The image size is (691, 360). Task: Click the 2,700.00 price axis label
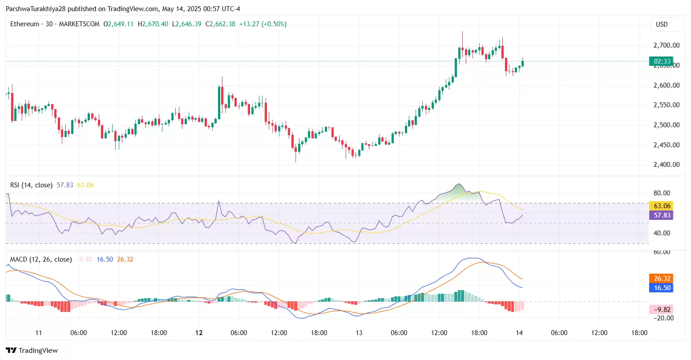click(666, 45)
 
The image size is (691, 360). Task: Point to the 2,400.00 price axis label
click(666, 165)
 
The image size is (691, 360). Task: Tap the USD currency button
click(662, 24)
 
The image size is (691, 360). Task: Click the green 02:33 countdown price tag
click(661, 61)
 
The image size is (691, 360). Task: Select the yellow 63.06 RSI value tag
click(662, 206)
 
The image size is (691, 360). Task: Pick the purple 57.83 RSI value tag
click(662, 215)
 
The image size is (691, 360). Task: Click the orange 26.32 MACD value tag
click(662, 279)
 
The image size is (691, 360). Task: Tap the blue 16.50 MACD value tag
click(662, 288)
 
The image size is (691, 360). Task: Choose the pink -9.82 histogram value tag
click(662, 310)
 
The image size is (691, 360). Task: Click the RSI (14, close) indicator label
click(31, 185)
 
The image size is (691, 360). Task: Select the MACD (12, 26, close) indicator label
click(41, 259)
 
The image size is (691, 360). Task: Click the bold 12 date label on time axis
click(199, 333)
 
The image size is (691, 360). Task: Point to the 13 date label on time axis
click(359, 333)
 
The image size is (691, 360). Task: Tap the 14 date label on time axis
click(519, 333)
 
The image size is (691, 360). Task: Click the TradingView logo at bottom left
click(32, 351)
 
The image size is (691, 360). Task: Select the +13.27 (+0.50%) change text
click(263, 24)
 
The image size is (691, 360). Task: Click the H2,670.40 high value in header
click(153, 24)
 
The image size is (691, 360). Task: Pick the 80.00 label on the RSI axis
click(662, 193)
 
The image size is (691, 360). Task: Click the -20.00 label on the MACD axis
click(663, 318)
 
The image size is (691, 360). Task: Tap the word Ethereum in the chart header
click(24, 24)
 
